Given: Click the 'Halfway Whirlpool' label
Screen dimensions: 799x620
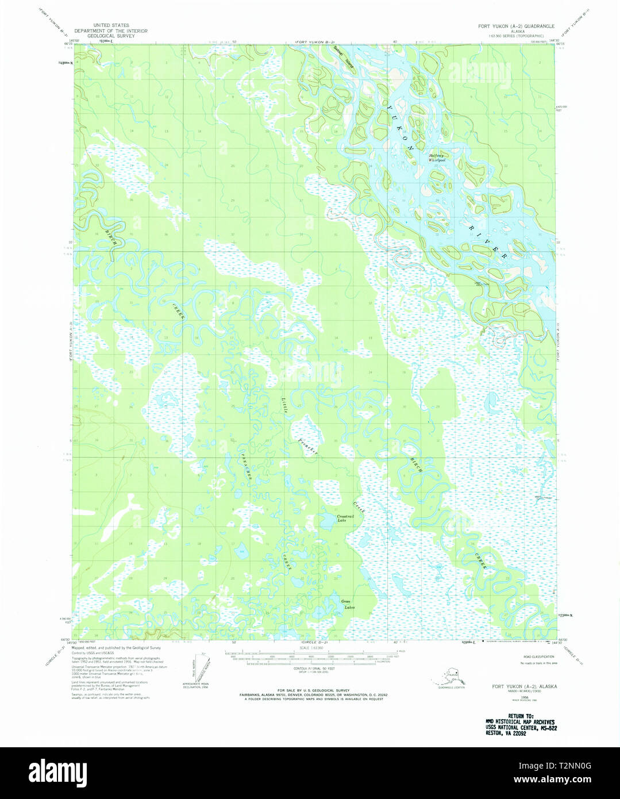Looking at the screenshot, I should (437, 158).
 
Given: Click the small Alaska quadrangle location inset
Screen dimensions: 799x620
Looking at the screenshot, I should (450, 674).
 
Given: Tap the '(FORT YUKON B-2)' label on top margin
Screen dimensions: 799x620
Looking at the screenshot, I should (315, 42).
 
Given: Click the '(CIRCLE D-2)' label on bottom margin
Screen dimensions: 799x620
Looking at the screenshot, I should (314, 641).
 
